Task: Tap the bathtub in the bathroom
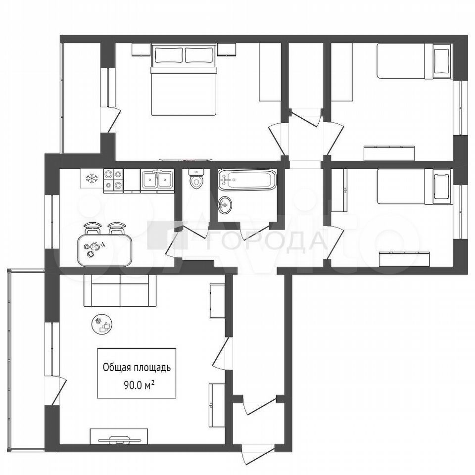click(247, 180)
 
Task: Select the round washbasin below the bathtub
click(225, 205)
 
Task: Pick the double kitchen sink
click(157, 180)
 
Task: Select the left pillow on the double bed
click(168, 55)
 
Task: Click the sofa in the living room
click(120, 290)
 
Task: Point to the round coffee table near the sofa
click(102, 324)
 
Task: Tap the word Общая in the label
click(117, 368)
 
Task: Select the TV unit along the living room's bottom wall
click(119, 436)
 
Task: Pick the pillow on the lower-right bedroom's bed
click(442, 187)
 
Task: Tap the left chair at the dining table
click(92, 229)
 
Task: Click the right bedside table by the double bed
click(226, 49)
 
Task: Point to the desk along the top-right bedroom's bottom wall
click(389, 153)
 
